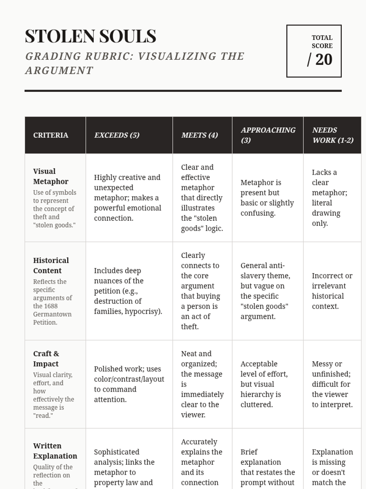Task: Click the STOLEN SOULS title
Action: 90,36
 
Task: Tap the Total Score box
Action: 314,51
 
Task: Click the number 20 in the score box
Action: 324,60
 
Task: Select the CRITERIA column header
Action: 51,135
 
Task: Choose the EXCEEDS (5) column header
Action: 117,135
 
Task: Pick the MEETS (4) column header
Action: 199,135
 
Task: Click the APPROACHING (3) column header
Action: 268,135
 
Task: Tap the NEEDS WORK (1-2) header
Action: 332,135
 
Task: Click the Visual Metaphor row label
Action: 51,176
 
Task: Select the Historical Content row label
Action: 51,265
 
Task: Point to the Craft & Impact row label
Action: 46,358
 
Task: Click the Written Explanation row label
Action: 55,450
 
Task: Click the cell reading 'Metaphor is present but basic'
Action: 267,198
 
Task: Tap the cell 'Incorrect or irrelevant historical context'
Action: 332,291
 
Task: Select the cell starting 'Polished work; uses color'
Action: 129,384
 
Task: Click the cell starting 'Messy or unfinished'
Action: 332,384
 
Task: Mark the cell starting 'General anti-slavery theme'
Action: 265,291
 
